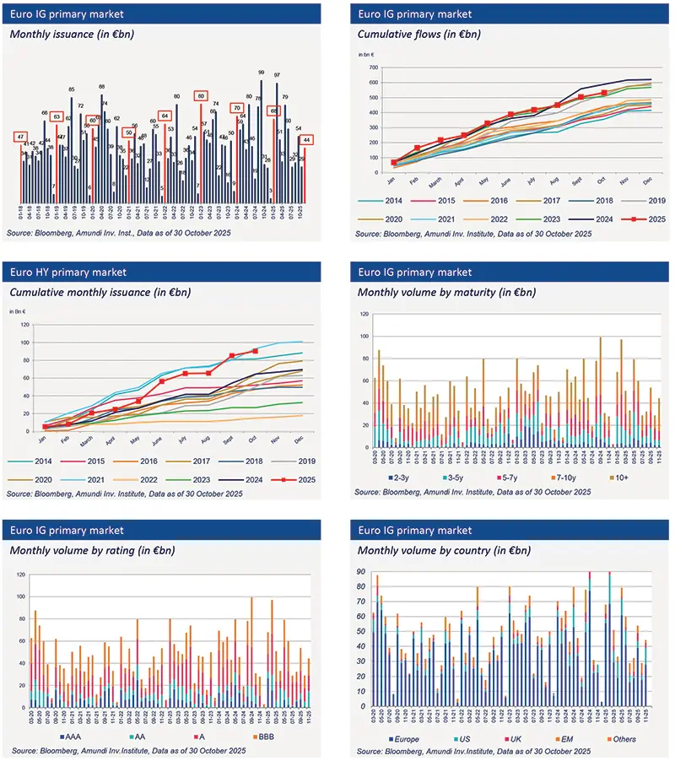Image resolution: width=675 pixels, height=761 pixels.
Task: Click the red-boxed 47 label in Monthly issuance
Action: pyautogui.click(x=19, y=137)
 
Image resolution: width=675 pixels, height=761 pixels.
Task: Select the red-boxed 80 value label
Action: pyautogui.click(x=201, y=96)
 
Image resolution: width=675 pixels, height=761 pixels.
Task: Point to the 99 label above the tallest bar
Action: pyautogui.click(x=262, y=73)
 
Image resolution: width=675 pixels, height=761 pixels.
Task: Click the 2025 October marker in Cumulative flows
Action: pyautogui.click(x=604, y=93)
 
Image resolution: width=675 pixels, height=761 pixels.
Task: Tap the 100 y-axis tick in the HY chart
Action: pyautogui.click(x=24, y=342)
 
